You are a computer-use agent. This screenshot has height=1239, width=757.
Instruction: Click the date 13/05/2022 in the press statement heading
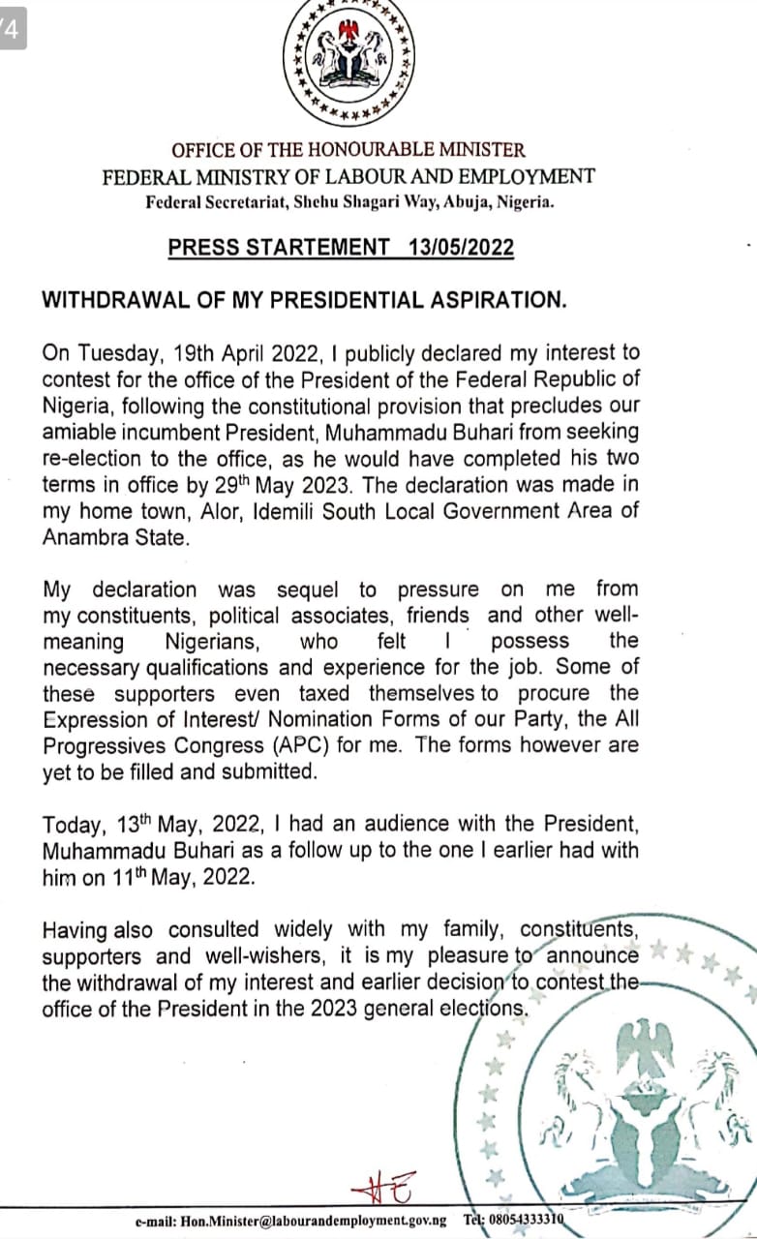coord(462,247)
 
